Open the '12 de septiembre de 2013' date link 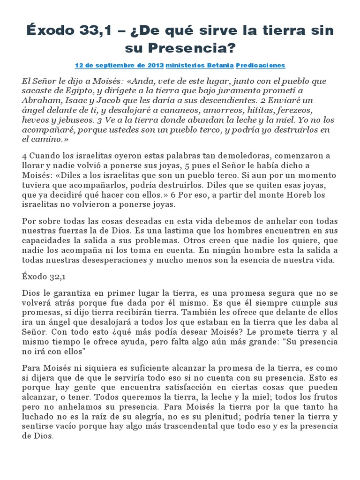pos(119,65)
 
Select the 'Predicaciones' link pos(260,65)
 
